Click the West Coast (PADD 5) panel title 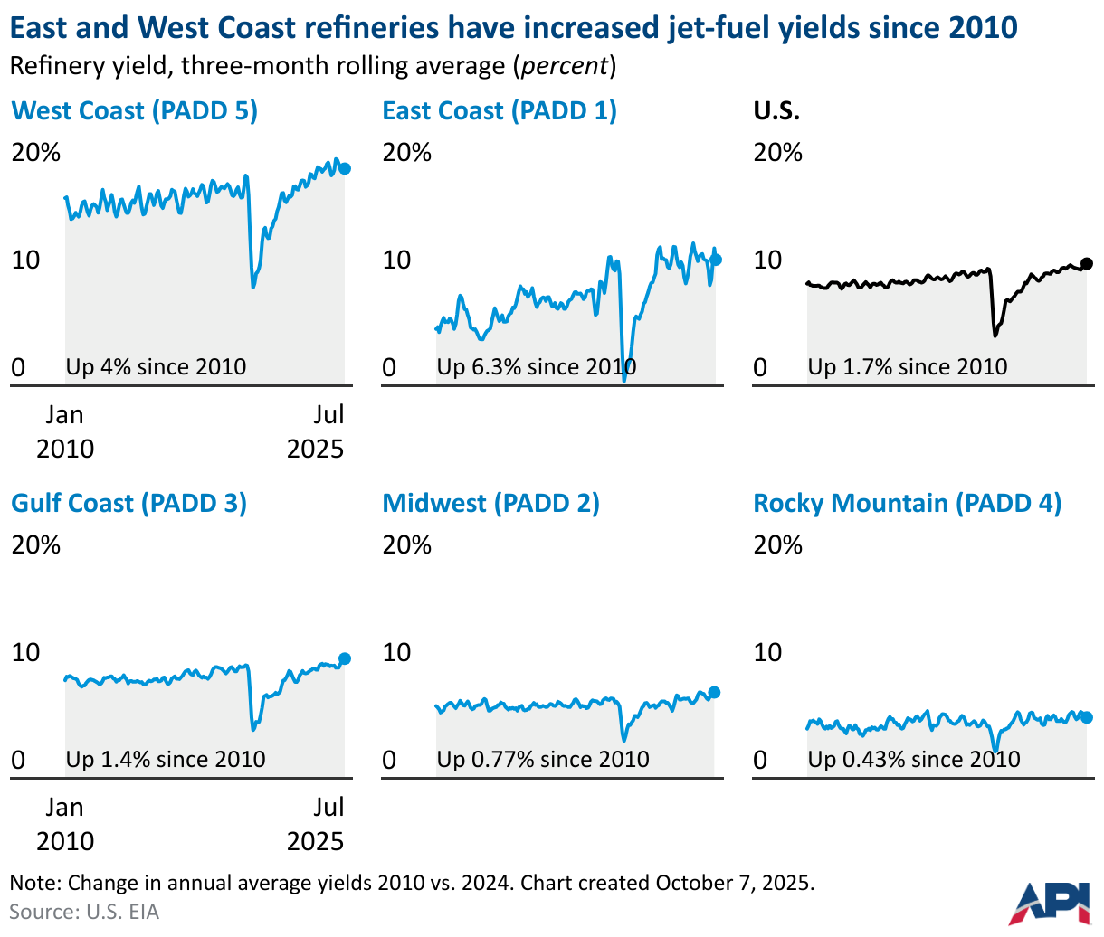point(134,111)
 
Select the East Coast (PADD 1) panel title point(500,111)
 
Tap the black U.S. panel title point(776,111)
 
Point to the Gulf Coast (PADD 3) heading point(128,504)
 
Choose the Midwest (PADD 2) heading point(490,504)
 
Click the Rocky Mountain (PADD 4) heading point(907,504)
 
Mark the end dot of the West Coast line point(345,168)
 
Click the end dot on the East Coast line point(716,260)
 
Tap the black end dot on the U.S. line point(1087,263)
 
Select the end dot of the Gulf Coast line point(345,658)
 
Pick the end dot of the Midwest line point(714,693)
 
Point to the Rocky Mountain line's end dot point(1087,717)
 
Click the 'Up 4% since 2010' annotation point(156,367)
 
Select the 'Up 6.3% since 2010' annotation point(537,367)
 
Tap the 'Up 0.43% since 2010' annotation point(914,760)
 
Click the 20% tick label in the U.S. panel point(777,153)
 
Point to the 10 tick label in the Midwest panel point(396,652)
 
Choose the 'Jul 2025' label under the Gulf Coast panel point(316,824)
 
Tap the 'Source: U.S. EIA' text point(84,912)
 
